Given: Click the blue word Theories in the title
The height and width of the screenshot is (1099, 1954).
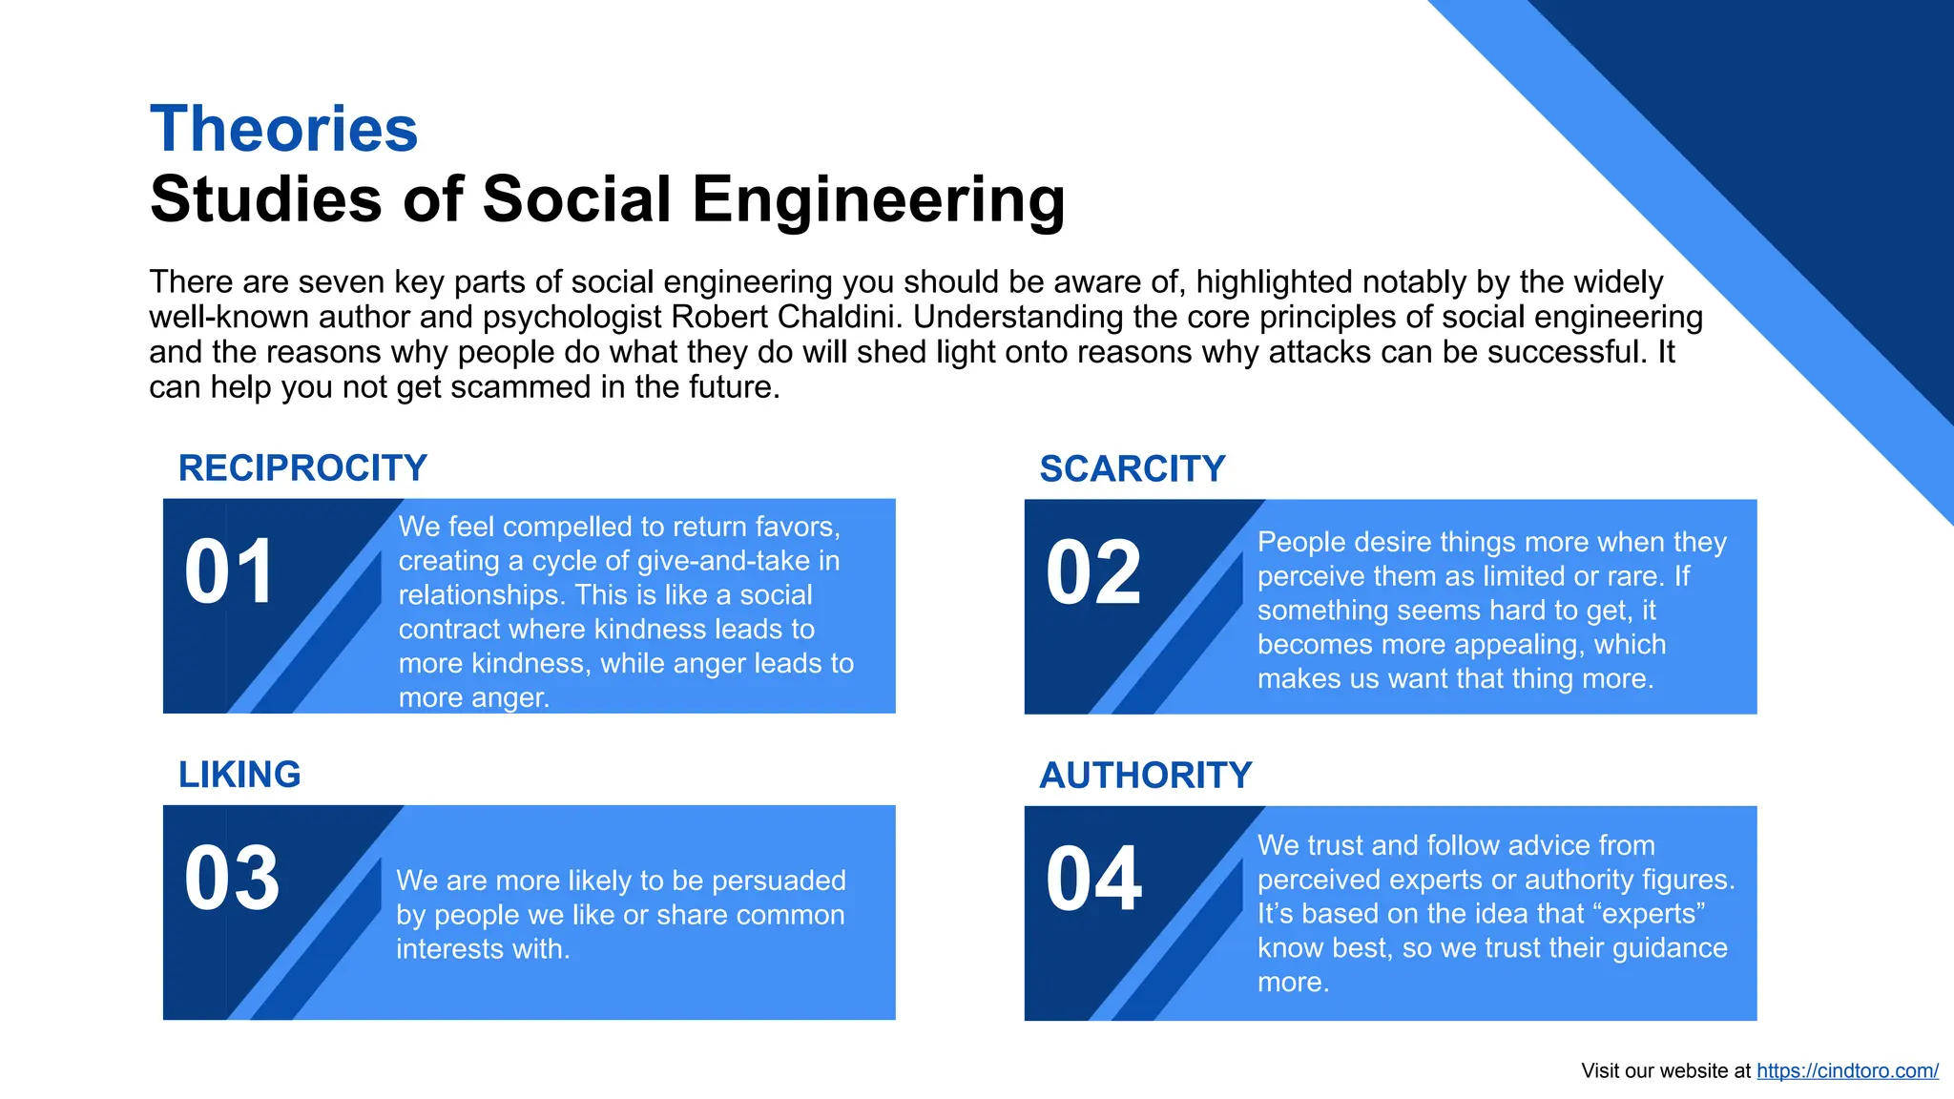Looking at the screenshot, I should pyautogui.click(x=283, y=129).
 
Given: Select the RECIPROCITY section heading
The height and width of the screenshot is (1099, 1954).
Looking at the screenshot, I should pyautogui.click(x=302, y=468).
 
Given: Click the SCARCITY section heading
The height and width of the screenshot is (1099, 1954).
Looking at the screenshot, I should pyautogui.click(x=1132, y=469).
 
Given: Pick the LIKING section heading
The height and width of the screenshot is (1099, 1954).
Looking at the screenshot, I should pyautogui.click(x=239, y=775).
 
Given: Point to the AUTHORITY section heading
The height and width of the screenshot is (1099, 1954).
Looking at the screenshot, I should pyautogui.click(x=1145, y=776).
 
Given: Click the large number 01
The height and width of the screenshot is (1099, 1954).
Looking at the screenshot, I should pyautogui.click(x=230, y=572).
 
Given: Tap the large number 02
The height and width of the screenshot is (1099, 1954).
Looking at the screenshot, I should pyautogui.click(x=1093, y=573).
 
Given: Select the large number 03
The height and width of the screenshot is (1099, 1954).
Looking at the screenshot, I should pyautogui.click(x=232, y=879).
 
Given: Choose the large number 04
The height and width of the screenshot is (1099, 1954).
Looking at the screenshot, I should pyautogui.click(x=1093, y=880).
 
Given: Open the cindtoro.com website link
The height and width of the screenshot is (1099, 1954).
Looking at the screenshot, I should pyautogui.click(x=1847, y=1070).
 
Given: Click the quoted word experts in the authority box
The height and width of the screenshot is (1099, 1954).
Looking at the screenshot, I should pyautogui.click(x=1648, y=914).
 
